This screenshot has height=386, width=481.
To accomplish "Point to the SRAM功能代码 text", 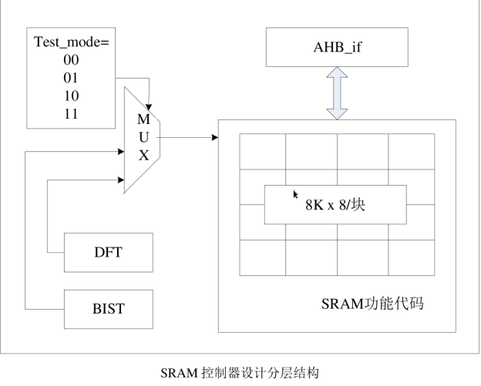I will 373,305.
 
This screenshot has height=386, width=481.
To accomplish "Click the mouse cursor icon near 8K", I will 295,194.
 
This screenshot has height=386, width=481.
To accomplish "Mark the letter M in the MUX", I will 143,119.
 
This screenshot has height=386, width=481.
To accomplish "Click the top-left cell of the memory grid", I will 262,151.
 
